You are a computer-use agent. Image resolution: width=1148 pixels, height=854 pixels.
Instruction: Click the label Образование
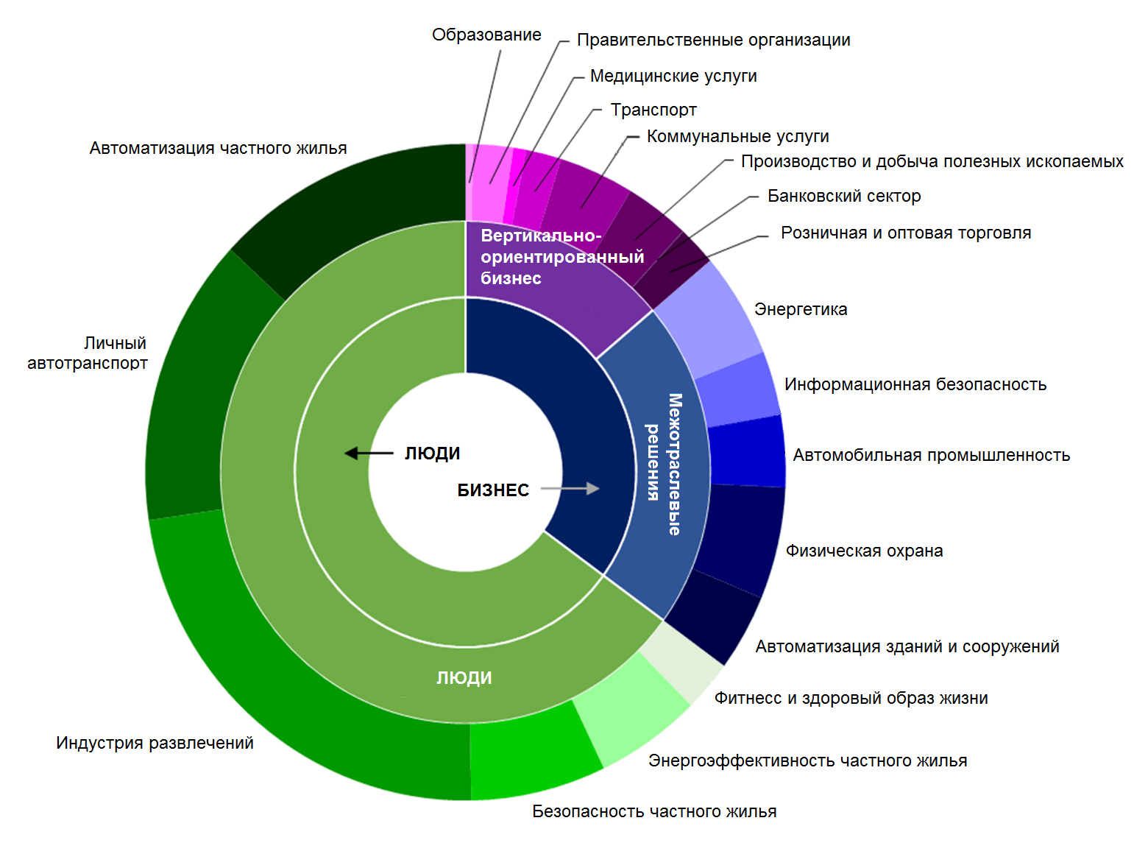486,35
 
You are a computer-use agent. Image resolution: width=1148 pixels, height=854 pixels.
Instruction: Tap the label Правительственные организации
713,40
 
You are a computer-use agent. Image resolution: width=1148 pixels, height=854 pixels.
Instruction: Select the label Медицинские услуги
673,77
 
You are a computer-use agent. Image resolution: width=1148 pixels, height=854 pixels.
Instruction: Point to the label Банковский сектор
844,197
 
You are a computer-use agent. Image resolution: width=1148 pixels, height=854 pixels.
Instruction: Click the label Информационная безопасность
915,385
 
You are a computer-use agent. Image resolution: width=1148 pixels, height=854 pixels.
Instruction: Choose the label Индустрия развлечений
155,744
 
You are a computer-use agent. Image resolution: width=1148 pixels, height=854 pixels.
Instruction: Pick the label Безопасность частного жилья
654,812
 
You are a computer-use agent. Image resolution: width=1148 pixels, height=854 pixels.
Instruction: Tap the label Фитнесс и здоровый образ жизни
851,699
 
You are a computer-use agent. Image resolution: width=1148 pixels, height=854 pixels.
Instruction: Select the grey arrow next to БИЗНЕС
570,489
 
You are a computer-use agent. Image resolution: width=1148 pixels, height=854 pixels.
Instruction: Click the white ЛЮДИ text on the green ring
464,678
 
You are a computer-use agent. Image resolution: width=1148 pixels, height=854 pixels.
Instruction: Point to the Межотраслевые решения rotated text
664,464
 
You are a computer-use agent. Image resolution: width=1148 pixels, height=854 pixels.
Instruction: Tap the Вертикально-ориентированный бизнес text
561,257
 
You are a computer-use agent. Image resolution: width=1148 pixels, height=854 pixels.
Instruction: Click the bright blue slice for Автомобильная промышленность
745,451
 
